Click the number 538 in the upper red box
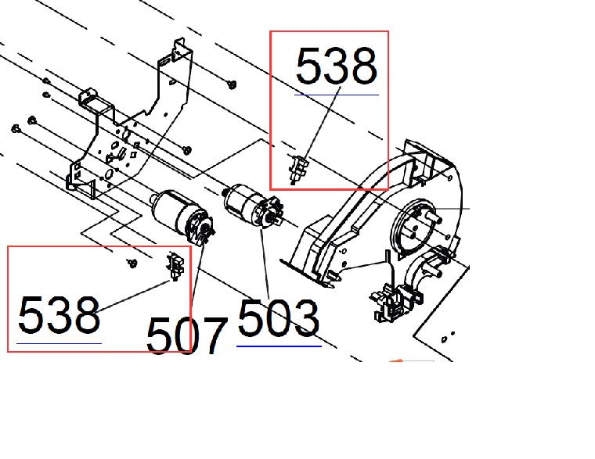pyautogui.click(x=336, y=66)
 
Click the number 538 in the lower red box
pyautogui.click(x=59, y=315)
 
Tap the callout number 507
pyautogui.click(x=186, y=335)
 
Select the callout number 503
pyautogui.click(x=278, y=318)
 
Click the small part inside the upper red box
pyautogui.click(x=299, y=170)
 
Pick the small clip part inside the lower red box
pyautogui.click(x=175, y=265)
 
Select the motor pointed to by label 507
pyautogui.click(x=182, y=216)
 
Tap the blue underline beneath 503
pyautogui.click(x=279, y=346)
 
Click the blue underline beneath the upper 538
pyautogui.click(x=336, y=95)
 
